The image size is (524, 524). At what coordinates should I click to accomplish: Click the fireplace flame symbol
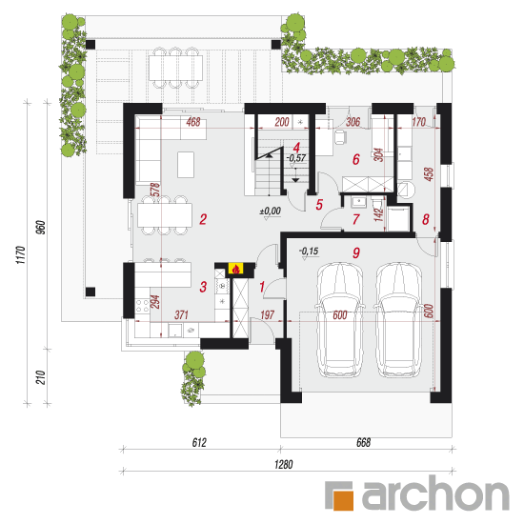(236, 269)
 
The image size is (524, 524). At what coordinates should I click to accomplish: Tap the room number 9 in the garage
(356, 253)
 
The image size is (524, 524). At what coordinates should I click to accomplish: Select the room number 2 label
(203, 219)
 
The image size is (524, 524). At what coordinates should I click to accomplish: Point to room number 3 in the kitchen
(203, 287)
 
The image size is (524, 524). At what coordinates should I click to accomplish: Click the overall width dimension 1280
(283, 464)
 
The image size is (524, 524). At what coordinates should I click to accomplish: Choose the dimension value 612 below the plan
(199, 442)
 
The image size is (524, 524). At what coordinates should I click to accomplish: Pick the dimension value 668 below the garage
(363, 442)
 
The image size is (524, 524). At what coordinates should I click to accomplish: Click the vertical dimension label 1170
(20, 255)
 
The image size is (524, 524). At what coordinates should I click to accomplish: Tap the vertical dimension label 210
(40, 377)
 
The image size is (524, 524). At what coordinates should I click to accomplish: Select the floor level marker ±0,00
(271, 212)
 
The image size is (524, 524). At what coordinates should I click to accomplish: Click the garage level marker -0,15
(309, 251)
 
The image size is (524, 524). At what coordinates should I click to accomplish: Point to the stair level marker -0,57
(296, 158)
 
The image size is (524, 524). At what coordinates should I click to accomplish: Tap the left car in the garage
(339, 320)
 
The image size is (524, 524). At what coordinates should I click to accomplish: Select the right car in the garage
(397, 320)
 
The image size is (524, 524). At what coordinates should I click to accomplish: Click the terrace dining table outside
(175, 68)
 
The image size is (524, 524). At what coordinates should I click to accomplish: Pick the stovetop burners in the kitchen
(142, 306)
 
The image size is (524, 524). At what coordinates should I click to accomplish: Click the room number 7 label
(356, 219)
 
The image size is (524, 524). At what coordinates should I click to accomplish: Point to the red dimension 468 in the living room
(193, 122)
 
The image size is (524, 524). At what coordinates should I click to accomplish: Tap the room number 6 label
(356, 159)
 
